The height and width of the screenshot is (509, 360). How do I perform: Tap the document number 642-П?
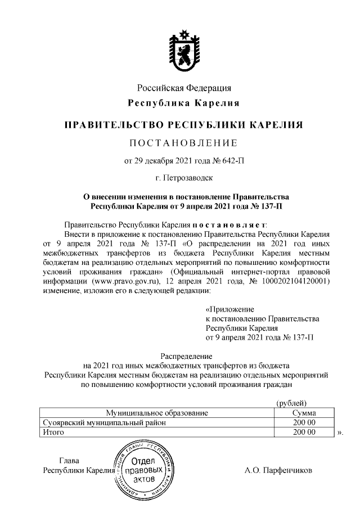pyautogui.click(x=232, y=161)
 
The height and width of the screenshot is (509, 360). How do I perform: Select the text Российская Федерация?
pyautogui.click(x=184, y=88)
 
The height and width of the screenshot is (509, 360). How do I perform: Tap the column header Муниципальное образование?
pyautogui.click(x=156, y=413)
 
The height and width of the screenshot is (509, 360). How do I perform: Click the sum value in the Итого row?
pyautogui.click(x=304, y=432)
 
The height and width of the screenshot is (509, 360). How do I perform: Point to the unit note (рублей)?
pyautogui.click(x=291, y=403)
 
